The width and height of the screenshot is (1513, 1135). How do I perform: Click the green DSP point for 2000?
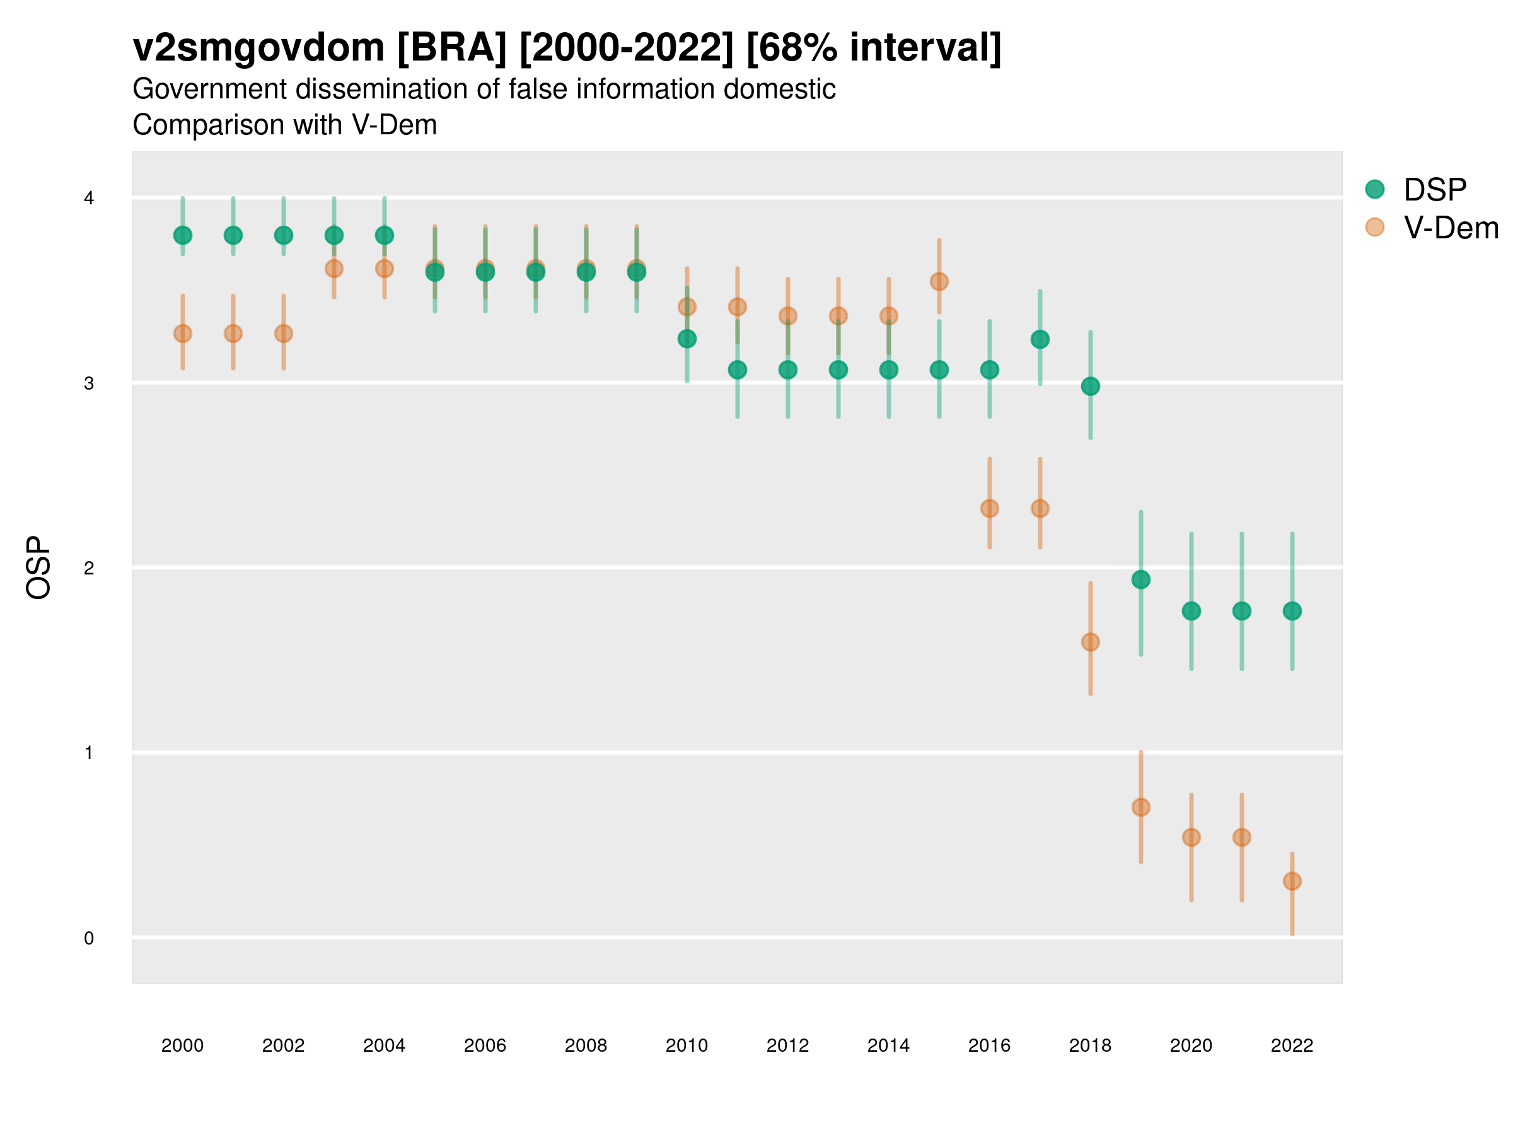[x=183, y=235]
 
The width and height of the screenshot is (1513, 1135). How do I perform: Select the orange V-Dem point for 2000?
[x=183, y=334]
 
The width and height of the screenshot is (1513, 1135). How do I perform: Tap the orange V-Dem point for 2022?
[x=1292, y=881]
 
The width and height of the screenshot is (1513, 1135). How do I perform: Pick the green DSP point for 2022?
[x=1292, y=611]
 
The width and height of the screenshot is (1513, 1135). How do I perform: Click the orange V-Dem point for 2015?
[x=939, y=282]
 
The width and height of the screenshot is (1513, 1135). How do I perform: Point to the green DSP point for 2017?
[x=1040, y=339]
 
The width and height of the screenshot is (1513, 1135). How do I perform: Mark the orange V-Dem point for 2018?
[x=1090, y=642]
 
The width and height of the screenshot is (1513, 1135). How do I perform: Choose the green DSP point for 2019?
[x=1141, y=580]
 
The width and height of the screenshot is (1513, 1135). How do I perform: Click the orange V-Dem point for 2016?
[x=990, y=508]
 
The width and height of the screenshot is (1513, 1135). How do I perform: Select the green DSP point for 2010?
[x=687, y=339]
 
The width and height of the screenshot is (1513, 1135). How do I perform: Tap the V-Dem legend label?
[x=1451, y=228]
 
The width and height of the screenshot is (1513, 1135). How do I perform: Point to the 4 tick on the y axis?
[x=89, y=199]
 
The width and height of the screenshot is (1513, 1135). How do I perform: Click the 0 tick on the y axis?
[x=89, y=938]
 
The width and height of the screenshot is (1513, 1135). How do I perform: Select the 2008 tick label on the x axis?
[x=586, y=1045]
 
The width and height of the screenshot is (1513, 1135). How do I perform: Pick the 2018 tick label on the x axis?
[x=1090, y=1045]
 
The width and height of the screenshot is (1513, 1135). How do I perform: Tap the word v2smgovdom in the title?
[x=258, y=48]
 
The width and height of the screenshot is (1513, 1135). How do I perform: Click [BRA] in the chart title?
[x=451, y=48]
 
